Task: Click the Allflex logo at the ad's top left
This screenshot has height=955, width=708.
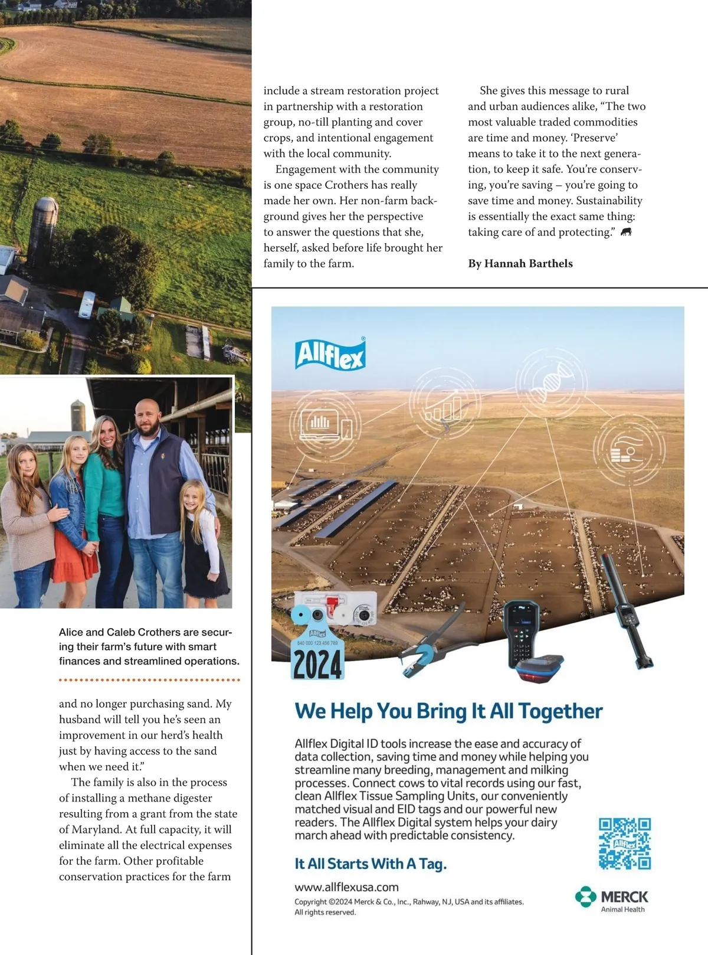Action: tap(330, 354)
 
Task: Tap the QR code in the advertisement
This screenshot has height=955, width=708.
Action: tap(624, 843)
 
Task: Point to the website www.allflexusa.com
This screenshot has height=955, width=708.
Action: tap(346, 887)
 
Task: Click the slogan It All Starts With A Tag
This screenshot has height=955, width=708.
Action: tap(371, 864)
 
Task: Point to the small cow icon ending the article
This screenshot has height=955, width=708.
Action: tap(626, 232)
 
